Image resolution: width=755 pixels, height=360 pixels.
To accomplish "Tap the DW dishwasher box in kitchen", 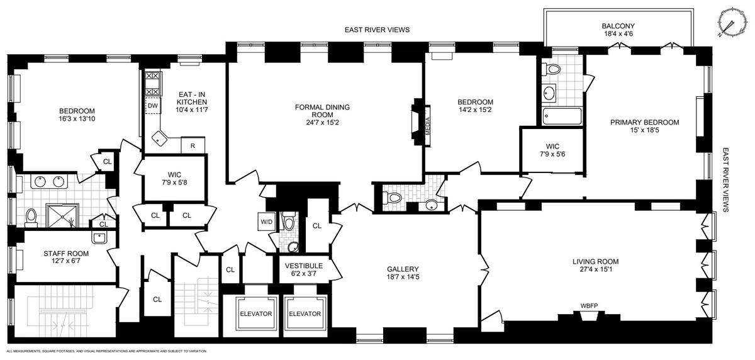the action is pos(153,106).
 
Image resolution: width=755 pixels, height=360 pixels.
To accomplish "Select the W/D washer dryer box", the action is pos(267,222).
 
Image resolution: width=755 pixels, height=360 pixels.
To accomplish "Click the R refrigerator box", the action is pos(193,145).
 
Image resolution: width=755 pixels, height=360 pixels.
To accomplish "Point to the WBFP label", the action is pos(589,306).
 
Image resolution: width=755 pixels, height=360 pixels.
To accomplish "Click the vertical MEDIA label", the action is pos(427,126).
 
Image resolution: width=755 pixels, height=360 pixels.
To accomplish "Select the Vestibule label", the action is pos(304,266).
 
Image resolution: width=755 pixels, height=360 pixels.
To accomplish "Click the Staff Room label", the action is pos(66,254).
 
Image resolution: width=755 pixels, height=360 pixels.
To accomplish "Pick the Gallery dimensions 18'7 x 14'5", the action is pos(403,277).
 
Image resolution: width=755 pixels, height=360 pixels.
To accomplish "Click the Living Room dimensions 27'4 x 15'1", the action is pos(595,269).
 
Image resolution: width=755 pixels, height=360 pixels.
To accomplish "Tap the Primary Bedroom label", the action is pos(644,122).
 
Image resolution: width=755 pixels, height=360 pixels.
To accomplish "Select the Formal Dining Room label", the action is pos(322,111).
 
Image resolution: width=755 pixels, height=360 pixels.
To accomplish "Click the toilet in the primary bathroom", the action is pos(551,69).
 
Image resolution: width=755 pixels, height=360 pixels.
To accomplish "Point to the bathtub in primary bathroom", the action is pos(562,116).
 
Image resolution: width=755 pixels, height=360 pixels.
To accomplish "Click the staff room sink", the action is pos(99,238).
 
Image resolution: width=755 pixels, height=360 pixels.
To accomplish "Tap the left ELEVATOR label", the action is pos(256,314).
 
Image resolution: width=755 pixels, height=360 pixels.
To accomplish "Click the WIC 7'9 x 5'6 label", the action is pos(552,150).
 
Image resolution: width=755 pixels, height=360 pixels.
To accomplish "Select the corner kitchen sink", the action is pos(159,138).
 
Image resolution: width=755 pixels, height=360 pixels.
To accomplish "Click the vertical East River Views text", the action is pos(725,179).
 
